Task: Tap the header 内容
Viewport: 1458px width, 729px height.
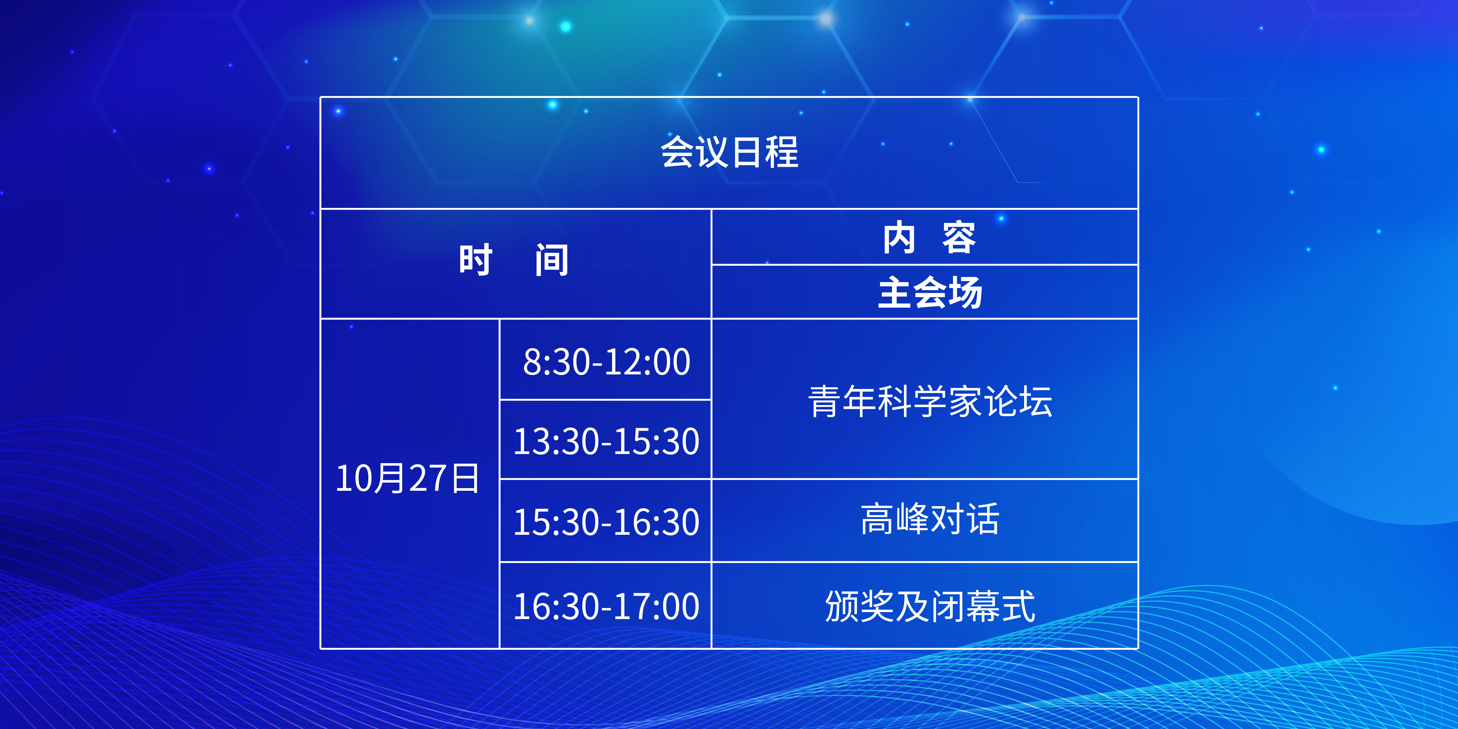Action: (x=929, y=238)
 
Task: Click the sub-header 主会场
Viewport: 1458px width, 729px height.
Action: (x=930, y=292)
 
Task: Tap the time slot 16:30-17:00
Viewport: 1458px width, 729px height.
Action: (x=606, y=606)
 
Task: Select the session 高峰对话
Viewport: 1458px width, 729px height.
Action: (x=930, y=519)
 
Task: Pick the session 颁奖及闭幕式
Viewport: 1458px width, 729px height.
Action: (x=930, y=606)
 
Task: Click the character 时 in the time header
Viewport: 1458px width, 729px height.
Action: (x=475, y=260)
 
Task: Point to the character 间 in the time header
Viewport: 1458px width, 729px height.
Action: (x=552, y=260)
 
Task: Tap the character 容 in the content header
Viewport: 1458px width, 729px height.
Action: (x=959, y=238)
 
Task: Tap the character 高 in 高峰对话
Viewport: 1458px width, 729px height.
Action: (x=877, y=519)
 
